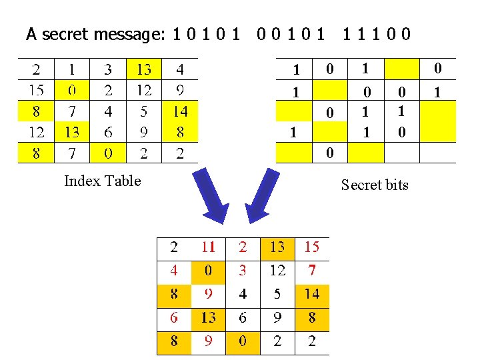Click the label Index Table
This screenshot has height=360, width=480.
[x=102, y=181]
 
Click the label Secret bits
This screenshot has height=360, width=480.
[x=374, y=185]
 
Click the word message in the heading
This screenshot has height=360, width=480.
[x=131, y=33]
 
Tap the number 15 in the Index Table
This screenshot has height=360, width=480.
[x=36, y=90]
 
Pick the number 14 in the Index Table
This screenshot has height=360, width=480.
[x=180, y=111]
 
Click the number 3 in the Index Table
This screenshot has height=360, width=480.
[x=108, y=69]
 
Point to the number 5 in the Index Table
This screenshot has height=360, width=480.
[x=144, y=111]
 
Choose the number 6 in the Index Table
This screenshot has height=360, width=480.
[x=108, y=132]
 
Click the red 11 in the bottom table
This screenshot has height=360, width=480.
[x=209, y=247]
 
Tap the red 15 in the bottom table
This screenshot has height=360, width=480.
[x=311, y=247]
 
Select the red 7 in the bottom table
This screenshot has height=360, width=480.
[x=311, y=270]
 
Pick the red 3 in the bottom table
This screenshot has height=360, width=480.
[x=243, y=270]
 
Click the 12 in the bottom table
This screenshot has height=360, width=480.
[x=277, y=270]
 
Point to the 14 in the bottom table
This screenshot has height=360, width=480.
[x=311, y=293]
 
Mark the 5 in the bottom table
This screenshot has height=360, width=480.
[x=277, y=293]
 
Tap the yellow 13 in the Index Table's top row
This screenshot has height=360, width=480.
[x=144, y=69]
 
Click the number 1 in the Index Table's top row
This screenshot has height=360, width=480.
[x=72, y=69]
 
